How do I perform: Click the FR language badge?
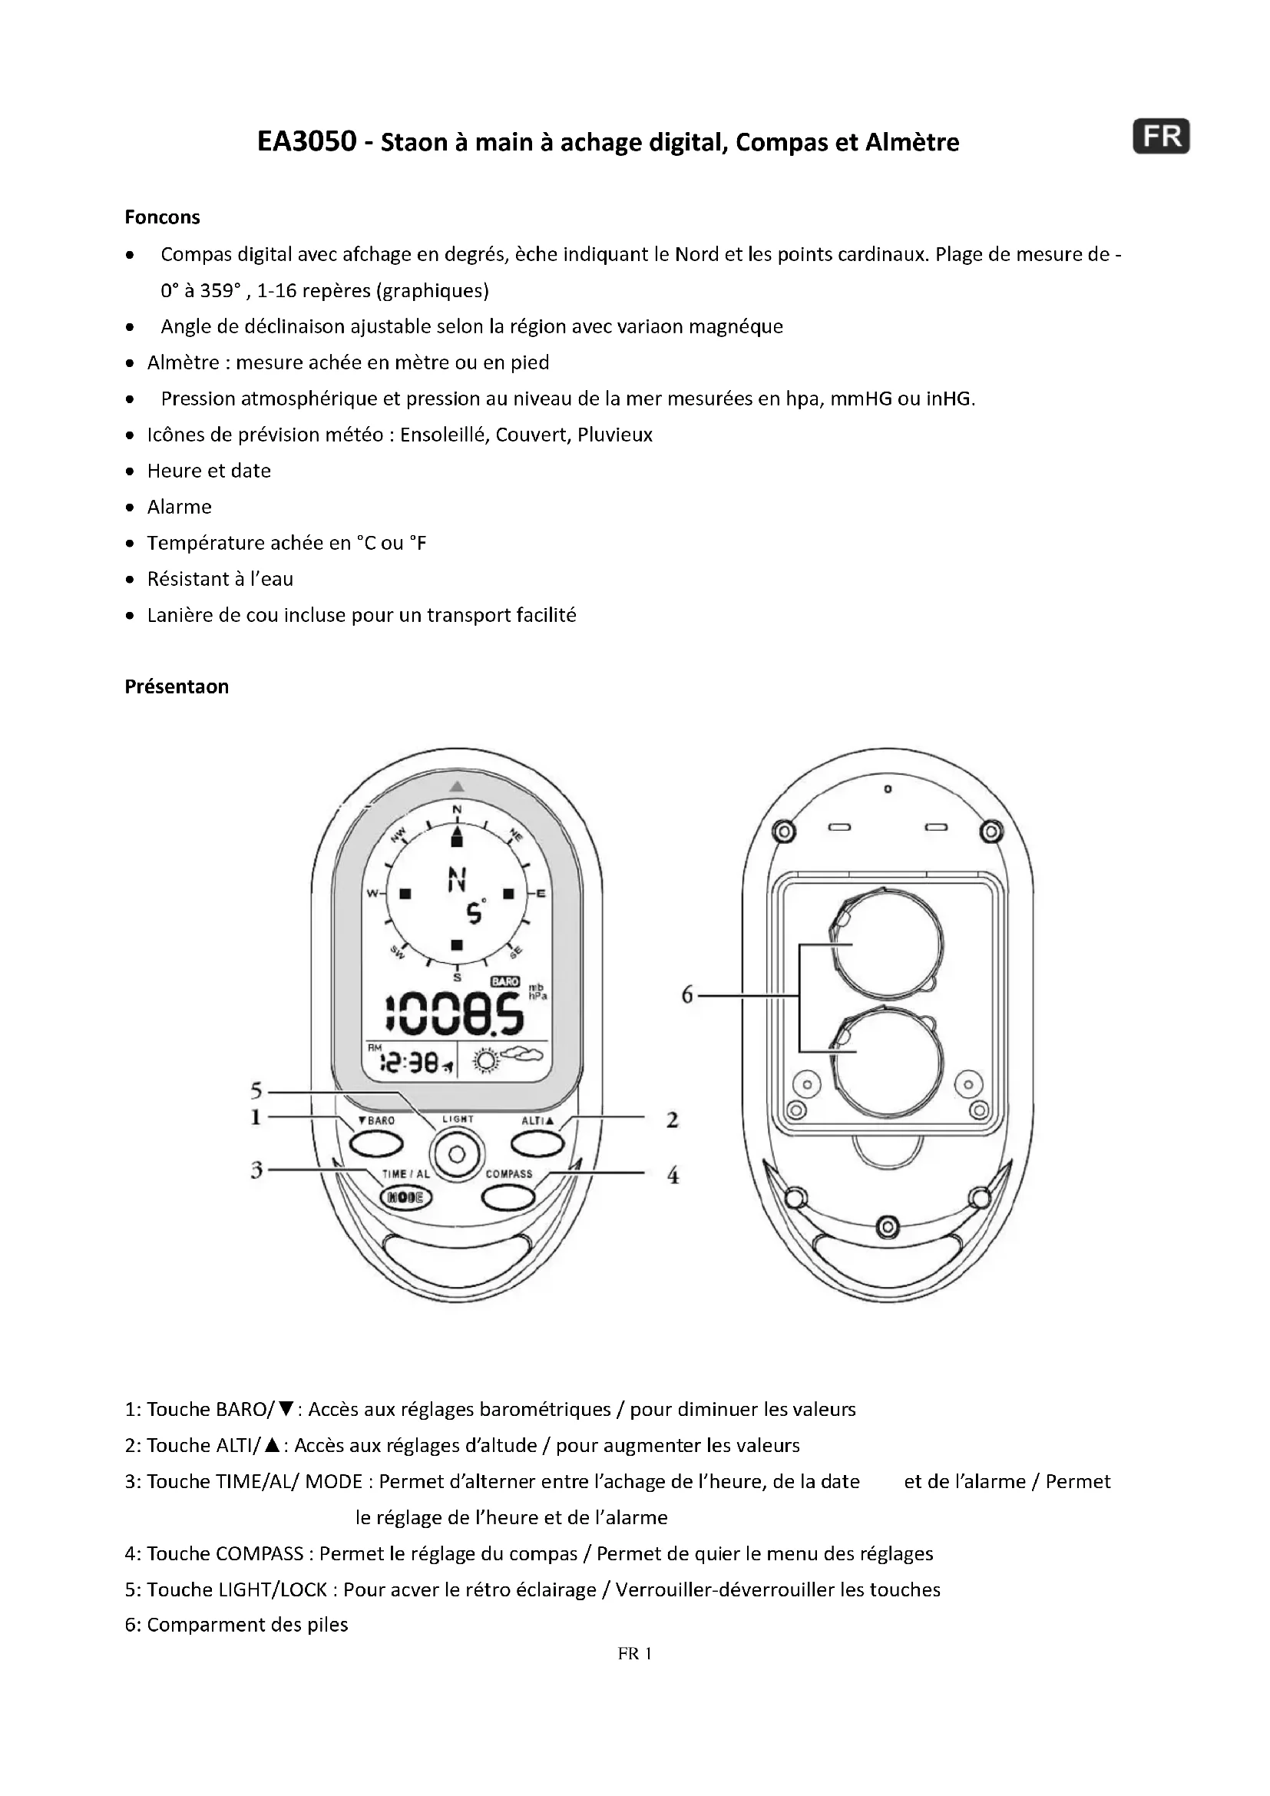pos(1160,137)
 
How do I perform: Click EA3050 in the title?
pos(306,141)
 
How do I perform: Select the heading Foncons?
pos(162,217)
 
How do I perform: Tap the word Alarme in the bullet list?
pos(179,507)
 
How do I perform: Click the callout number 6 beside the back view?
pos(687,995)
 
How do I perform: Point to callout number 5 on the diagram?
pos(256,1090)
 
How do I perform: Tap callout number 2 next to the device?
pos(673,1120)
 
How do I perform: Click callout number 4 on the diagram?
pos(673,1175)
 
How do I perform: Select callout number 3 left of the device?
pos(256,1170)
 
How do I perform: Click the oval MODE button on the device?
pos(405,1197)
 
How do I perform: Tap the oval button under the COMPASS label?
pos(508,1197)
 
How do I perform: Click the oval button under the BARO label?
pos(375,1144)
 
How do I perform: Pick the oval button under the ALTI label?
pos(537,1143)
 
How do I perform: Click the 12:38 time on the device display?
pos(408,1062)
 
